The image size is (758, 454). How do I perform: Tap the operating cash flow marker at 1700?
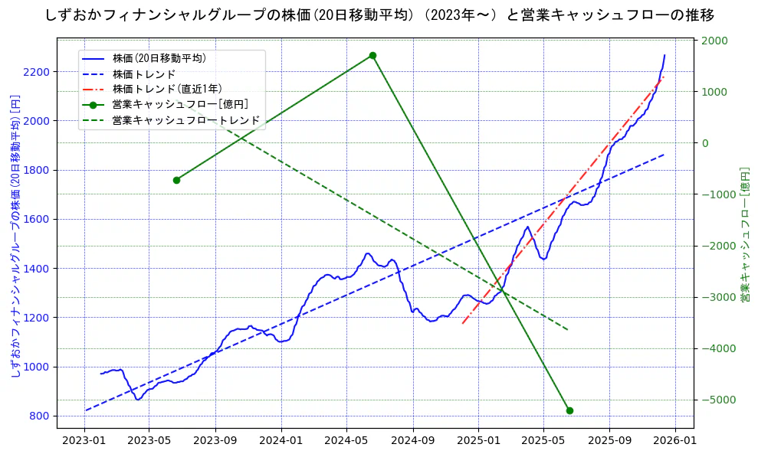point(372,55)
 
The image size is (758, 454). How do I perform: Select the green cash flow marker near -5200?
point(569,410)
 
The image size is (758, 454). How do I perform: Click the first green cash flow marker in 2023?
point(176,180)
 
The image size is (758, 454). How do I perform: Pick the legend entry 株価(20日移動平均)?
point(159,58)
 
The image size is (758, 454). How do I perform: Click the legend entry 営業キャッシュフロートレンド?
point(185,120)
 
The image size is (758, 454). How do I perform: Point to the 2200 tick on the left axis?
point(36,72)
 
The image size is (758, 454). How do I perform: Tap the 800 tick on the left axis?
point(39,416)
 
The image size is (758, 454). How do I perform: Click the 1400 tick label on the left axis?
point(36,269)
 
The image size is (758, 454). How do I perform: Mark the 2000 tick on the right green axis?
point(714,41)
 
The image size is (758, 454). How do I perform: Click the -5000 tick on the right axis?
point(717,400)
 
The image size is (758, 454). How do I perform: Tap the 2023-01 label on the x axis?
point(84,440)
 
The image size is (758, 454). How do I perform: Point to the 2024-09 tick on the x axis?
point(413,440)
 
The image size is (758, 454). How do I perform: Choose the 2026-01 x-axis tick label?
point(675,440)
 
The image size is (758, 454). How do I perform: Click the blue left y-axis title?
point(15,236)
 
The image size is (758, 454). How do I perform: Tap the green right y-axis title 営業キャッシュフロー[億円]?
point(744,236)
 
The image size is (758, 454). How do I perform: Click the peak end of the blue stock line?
point(664,55)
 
